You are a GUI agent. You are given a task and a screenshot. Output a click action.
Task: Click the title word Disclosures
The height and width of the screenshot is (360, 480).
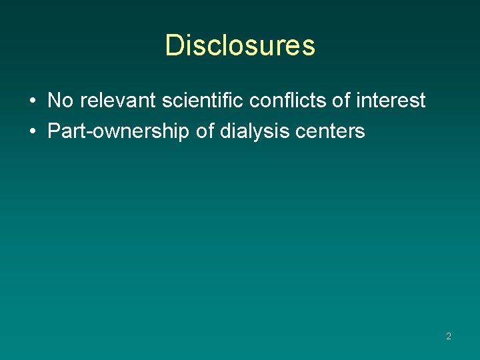point(240,45)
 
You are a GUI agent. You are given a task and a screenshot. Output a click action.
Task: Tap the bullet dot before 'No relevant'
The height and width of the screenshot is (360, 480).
point(32,101)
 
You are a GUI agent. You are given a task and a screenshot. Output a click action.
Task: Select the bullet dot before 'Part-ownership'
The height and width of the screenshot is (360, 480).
point(32,132)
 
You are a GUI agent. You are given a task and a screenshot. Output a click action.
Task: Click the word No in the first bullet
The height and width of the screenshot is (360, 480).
point(60,101)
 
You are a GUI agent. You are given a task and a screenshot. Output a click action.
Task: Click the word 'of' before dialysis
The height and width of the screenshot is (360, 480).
point(205,131)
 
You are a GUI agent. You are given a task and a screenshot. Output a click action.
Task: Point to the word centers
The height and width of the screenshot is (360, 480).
point(332,131)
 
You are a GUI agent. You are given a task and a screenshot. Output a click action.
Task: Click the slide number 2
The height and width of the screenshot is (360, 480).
point(449,337)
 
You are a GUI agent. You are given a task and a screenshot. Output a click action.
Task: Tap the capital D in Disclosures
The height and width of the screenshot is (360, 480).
point(174,45)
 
